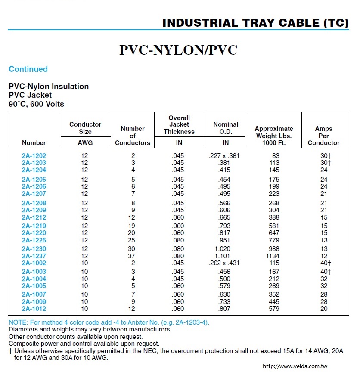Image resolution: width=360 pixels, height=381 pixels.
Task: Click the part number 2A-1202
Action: click(34, 156)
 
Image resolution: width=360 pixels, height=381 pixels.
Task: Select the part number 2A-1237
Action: click(34, 256)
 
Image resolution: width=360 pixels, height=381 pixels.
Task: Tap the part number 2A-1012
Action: click(34, 309)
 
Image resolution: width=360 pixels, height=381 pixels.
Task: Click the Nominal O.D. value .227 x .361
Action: click(224, 156)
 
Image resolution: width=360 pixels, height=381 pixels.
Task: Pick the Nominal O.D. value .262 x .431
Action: click(224, 263)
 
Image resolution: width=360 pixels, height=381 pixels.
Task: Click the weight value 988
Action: click(274, 249)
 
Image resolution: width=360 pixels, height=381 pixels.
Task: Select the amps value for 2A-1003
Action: click(326, 272)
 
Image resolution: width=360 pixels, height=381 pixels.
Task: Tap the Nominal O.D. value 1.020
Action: click(223, 249)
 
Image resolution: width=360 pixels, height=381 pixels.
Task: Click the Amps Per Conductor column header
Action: click(323, 136)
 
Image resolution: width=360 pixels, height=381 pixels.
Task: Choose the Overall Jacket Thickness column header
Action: click(179, 125)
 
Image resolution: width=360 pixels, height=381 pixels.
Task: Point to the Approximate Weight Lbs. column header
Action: click(274, 136)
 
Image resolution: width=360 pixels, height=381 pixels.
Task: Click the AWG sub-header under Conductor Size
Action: click(85, 143)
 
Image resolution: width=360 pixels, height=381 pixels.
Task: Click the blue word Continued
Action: click(28, 69)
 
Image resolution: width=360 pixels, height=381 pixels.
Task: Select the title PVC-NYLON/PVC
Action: click(178, 50)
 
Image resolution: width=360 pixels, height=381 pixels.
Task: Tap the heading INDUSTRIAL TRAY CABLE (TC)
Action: click(255, 23)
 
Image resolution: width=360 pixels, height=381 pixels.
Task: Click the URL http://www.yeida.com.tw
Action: click(295, 366)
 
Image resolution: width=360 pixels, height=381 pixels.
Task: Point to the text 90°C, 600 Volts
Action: click(36, 104)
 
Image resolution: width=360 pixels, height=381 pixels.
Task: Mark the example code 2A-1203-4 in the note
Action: click(191, 322)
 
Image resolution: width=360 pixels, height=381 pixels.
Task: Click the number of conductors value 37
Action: click(131, 256)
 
